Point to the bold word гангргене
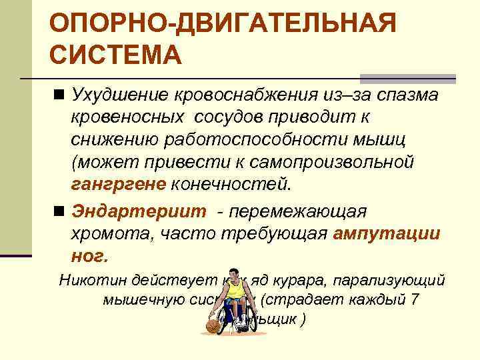coord(119,183)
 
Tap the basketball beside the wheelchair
coord(213,326)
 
